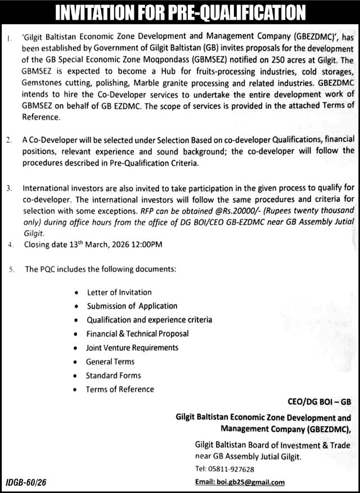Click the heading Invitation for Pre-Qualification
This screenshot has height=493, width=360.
point(179,11)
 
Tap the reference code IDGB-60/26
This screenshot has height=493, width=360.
point(26,482)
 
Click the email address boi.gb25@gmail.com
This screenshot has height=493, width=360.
point(240,482)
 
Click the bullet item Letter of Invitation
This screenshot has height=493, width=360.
point(119,292)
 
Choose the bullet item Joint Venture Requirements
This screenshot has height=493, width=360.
point(132,347)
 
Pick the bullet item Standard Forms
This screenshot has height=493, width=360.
point(113,375)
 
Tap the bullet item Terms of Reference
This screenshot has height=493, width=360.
point(120,389)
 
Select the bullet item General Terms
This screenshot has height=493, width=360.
point(110,361)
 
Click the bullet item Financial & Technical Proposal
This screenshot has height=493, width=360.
point(138,333)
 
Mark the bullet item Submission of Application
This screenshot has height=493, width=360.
point(132,306)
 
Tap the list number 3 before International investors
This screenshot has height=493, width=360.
point(9,189)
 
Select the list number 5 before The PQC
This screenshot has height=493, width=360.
point(11,270)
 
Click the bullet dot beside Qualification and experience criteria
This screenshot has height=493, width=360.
point(76,320)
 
